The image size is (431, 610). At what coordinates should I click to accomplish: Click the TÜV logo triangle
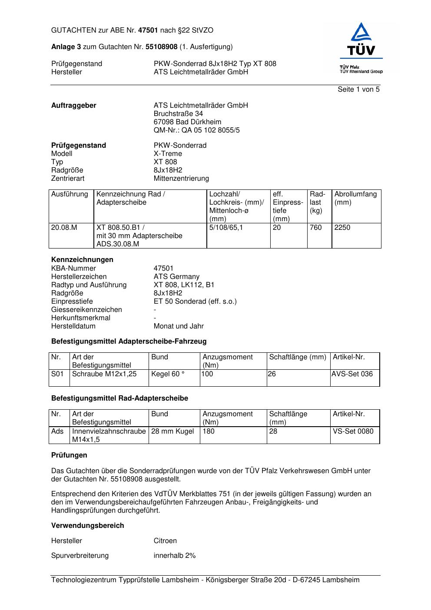click(x=361, y=33)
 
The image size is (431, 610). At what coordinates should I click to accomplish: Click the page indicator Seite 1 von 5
click(x=358, y=90)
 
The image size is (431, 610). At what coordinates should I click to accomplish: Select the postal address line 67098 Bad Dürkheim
click(x=187, y=122)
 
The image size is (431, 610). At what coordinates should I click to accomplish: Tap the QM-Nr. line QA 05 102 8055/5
click(x=196, y=130)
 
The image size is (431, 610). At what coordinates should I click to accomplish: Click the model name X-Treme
click(x=168, y=154)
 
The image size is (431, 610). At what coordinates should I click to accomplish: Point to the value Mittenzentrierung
click(x=181, y=179)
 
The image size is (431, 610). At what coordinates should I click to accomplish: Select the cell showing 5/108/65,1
click(x=226, y=228)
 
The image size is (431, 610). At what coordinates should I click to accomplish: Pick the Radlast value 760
click(x=316, y=228)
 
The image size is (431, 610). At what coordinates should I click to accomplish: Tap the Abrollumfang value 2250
click(x=342, y=228)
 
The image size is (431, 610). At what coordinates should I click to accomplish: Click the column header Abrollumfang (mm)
click(x=355, y=198)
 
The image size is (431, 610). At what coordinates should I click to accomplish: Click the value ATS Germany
click(x=176, y=277)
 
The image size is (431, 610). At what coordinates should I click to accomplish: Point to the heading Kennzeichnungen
click(x=82, y=260)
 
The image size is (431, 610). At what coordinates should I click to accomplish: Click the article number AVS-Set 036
click(x=352, y=374)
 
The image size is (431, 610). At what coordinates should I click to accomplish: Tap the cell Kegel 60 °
click(x=168, y=374)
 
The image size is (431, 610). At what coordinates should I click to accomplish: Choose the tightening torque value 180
click(x=209, y=431)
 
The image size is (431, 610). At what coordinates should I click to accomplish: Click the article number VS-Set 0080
click(x=353, y=431)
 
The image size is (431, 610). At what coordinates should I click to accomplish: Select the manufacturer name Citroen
click(x=165, y=541)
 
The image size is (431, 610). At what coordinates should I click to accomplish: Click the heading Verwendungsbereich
click(x=88, y=526)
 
